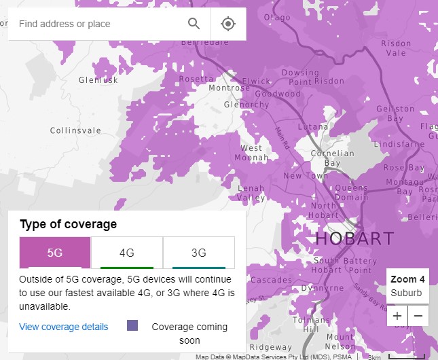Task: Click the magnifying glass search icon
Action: point(194,24)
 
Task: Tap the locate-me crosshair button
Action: point(228,24)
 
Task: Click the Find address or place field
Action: point(95,24)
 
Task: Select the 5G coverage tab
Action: point(55,253)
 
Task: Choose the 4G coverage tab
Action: point(127,253)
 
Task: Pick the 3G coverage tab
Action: point(199,253)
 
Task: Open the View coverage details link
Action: point(64,327)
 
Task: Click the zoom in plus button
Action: point(397,316)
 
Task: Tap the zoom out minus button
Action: point(418,316)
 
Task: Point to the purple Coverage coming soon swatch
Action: point(132,326)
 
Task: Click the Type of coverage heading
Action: point(68,224)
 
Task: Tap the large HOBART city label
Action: point(354,238)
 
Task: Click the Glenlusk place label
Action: point(98,80)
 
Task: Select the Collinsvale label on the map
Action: point(75,130)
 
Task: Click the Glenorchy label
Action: point(247,105)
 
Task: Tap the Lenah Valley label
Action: point(251,193)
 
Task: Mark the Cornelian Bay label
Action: point(332,158)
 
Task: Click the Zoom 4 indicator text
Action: point(407,279)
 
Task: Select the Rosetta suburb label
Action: point(196,79)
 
